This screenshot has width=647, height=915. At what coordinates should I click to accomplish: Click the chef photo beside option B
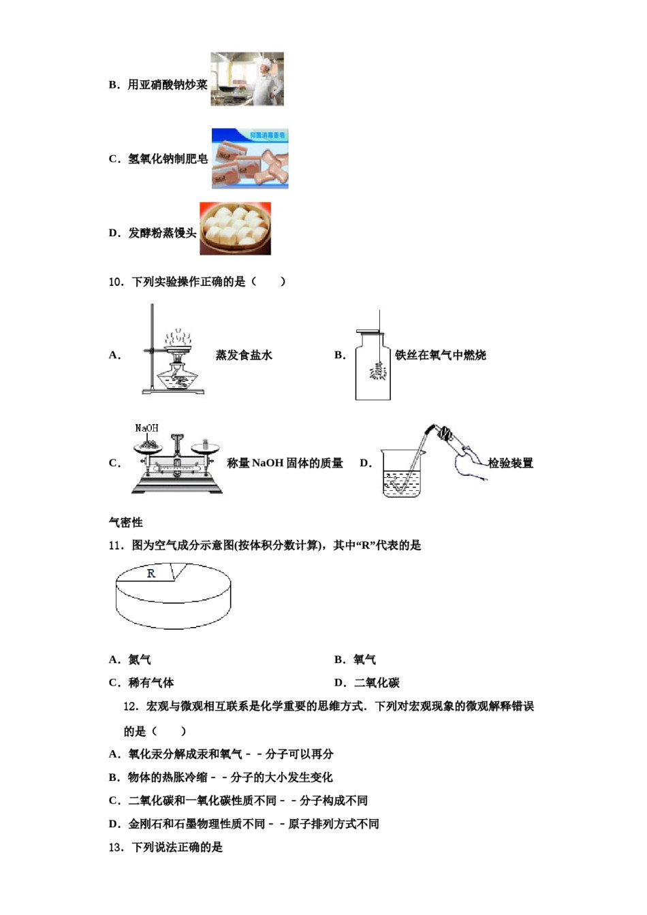(x=247, y=79)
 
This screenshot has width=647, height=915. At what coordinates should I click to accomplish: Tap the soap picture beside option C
(x=250, y=159)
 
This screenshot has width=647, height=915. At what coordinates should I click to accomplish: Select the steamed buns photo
(x=235, y=229)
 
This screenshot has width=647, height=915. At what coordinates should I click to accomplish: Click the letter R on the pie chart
(x=151, y=574)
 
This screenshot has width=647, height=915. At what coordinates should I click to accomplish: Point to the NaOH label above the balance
(x=146, y=428)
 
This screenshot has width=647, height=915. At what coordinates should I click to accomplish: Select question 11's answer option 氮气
(x=140, y=660)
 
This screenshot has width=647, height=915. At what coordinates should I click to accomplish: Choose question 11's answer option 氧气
(x=364, y=660)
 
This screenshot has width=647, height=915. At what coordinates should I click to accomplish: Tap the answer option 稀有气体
(x=151, y=683)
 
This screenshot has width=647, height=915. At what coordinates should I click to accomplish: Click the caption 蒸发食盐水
(x=244, y=355)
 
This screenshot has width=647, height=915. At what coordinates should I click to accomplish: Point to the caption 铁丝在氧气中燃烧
(x=440, y=355)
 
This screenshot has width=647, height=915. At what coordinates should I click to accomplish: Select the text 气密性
(x=126, y=522)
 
